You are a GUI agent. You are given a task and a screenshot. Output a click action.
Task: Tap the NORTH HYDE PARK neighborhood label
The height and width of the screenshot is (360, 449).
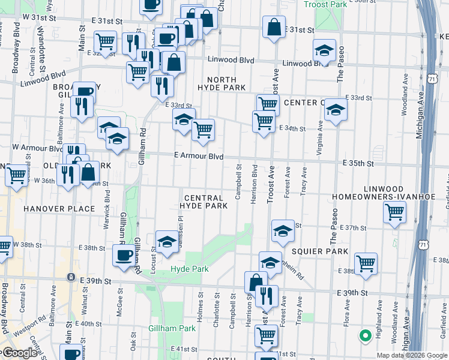click(x=226, y=83)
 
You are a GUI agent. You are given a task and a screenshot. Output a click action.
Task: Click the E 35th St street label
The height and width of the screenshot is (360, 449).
click(x=358, y=163)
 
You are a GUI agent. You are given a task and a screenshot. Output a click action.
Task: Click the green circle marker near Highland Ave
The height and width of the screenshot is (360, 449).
click(x=363, y=336)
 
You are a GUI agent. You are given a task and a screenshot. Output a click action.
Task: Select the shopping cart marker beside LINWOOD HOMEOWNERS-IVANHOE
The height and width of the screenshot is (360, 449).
click(x=394, y=211)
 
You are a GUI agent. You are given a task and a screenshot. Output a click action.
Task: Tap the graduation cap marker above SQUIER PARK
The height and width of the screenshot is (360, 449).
click(x=282, y=231)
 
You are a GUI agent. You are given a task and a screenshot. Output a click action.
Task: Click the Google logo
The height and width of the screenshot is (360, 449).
click(x=19, y=353)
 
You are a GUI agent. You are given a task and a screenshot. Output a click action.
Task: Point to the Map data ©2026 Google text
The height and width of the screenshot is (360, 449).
click(x=412, y=355)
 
